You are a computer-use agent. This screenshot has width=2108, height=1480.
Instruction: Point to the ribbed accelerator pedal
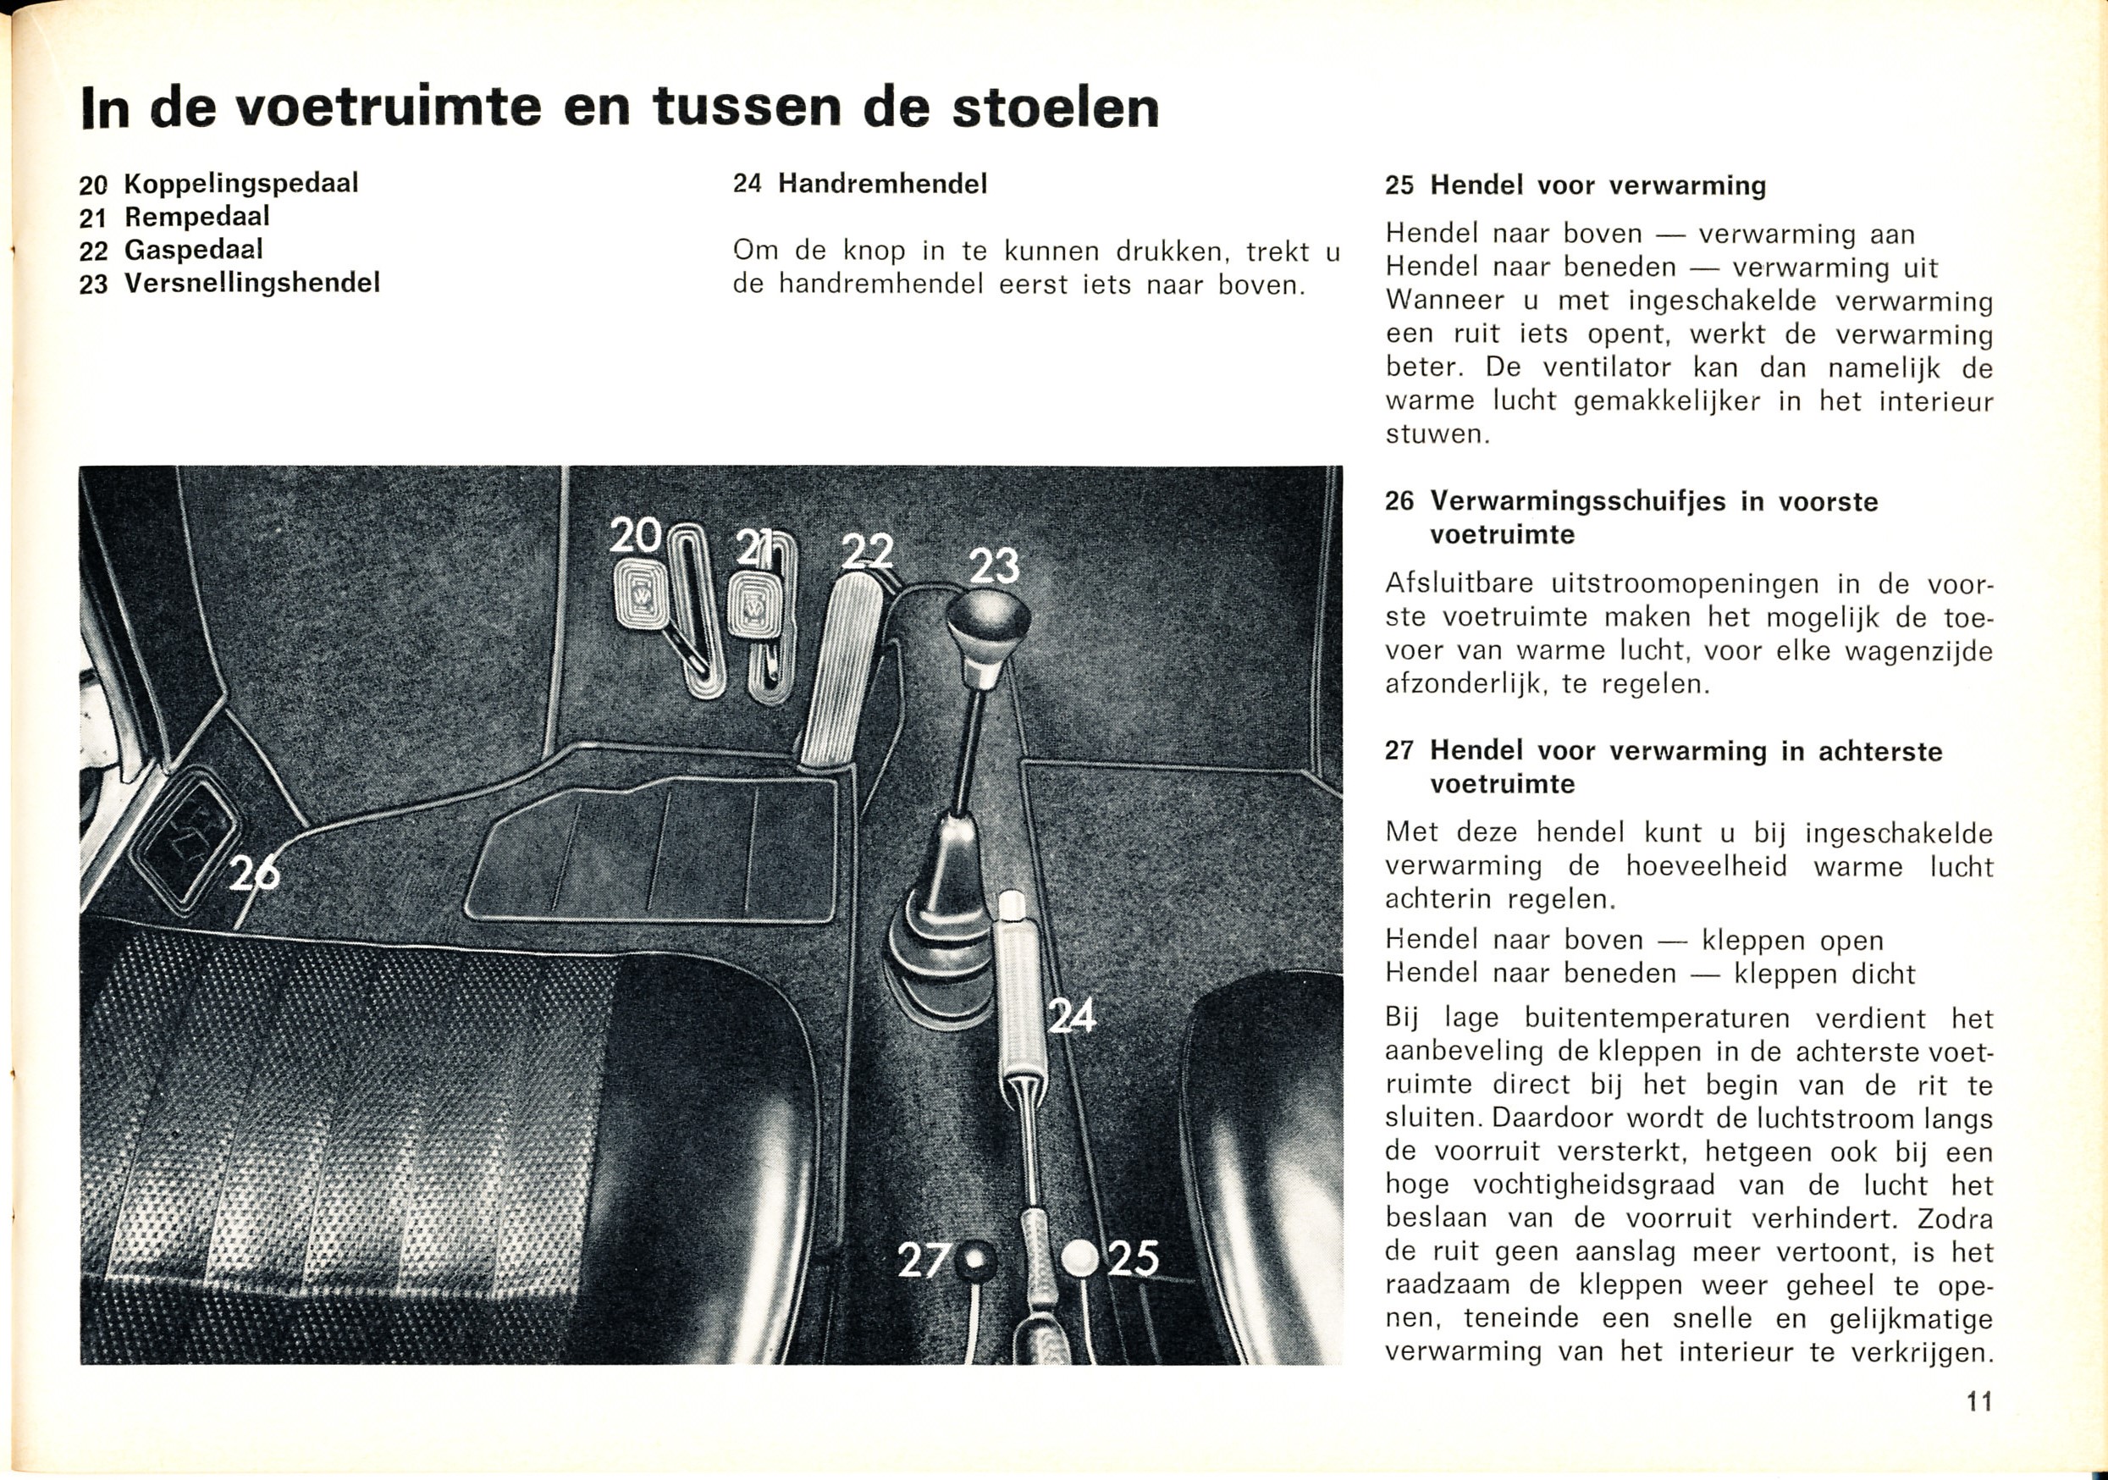[x=841, y=671]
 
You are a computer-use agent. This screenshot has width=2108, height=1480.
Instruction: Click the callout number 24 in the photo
[x=1073, y=1016]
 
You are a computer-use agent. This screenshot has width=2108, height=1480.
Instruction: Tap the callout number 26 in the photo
[x=254, y=872]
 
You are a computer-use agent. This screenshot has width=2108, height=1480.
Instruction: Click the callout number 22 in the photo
[x=868, y=552]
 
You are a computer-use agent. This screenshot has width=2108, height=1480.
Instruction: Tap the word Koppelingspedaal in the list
[x=240, y=184]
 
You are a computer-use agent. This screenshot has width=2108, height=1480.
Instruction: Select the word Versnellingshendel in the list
[x=251, y=283]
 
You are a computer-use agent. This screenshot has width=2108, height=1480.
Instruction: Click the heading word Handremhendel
[x=882, y=185]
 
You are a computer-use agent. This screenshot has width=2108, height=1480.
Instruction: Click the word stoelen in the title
[x=1055, y=108]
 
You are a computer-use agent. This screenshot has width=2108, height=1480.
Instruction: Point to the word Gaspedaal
[x=194, y=250]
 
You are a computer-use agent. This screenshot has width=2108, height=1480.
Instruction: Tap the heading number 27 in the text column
[x=1399, y=751]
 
